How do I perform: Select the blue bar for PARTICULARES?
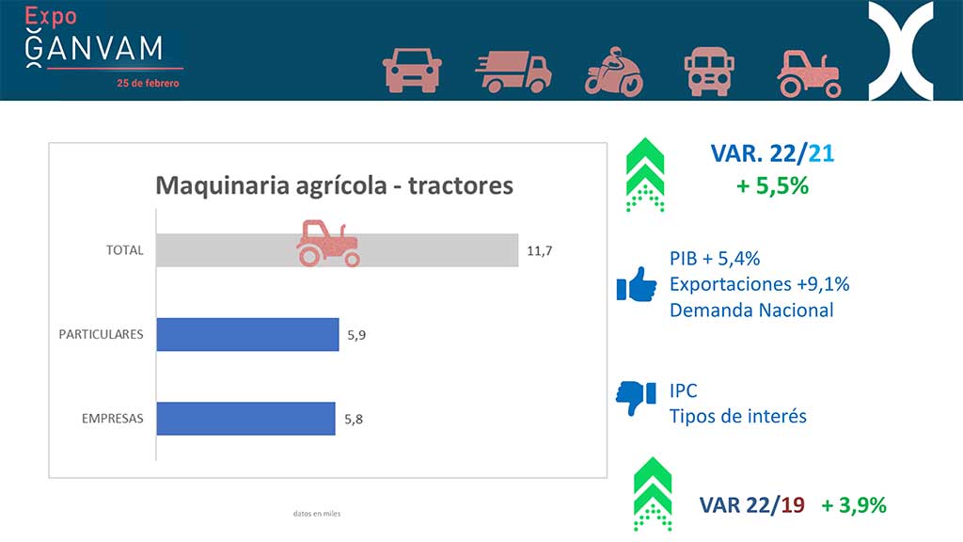[247, 334]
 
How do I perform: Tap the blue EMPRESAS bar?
[245, 419]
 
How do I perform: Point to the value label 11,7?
[539, 250]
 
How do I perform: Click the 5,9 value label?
[356, 335]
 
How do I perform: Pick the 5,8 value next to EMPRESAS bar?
[354, 419]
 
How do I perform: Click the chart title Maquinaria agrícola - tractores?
[334, 185]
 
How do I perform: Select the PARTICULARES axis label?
[101, 334]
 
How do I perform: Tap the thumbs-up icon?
[637, 284]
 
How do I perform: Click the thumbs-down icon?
[636, 398]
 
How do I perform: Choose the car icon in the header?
[412, 70]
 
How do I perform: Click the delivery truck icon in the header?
[513, 72]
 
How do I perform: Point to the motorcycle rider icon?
[613, 72]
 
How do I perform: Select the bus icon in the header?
[709, 72]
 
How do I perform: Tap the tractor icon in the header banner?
[810, 74]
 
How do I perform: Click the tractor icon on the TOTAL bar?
[328, 244]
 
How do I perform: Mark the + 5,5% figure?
[773, 185]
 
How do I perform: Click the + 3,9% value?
[854, 505]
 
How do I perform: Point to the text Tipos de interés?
[737, 416]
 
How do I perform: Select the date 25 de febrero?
[148, 83]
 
